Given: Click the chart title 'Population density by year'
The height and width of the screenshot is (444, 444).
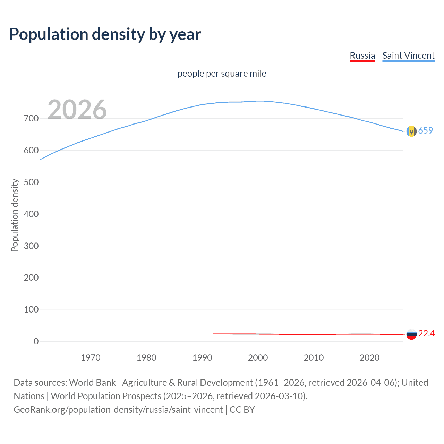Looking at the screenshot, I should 105,34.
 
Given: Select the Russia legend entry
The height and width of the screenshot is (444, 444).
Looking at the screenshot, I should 362,55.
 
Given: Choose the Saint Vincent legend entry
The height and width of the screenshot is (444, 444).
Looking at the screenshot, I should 408,55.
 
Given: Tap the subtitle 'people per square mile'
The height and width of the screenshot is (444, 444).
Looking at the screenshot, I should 222,74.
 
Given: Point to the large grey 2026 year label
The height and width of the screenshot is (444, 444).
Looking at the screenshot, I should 77,110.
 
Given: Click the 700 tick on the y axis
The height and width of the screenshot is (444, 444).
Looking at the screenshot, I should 31,119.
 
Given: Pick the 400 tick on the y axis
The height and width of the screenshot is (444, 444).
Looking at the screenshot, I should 31,214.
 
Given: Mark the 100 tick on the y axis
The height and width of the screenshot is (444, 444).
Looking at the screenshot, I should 31,309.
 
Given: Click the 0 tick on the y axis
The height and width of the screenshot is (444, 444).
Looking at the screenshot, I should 36,341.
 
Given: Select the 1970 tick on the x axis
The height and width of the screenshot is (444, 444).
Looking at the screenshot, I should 91,358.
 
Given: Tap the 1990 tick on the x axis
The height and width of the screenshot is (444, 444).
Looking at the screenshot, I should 202,358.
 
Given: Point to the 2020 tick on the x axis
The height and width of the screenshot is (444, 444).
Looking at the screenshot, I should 369,358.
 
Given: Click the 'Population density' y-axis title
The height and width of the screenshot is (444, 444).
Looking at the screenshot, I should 15,215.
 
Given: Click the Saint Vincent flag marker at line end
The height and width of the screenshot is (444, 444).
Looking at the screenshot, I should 411,131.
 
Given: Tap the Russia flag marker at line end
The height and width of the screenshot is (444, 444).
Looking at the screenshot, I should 411,334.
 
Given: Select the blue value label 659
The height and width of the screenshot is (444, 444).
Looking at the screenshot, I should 426,130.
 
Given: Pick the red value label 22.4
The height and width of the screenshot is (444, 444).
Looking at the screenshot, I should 426,333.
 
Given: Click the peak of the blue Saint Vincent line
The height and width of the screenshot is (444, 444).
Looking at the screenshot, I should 261,101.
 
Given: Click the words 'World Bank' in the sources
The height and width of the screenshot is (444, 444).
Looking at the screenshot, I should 92,383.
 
